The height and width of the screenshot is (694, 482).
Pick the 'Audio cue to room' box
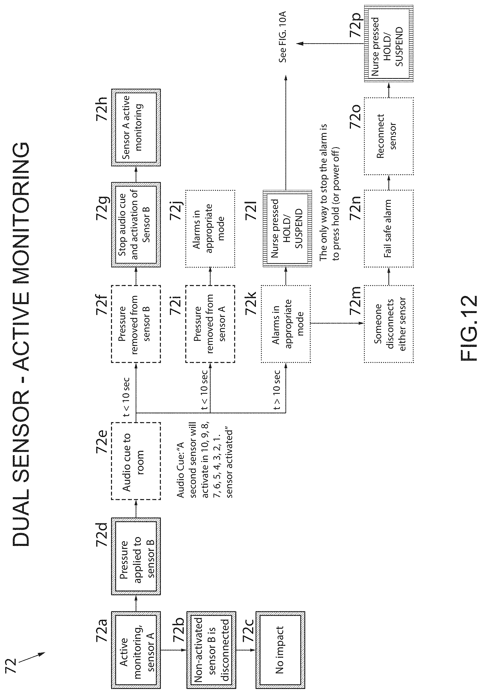136,461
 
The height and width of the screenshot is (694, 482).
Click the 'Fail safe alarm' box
389,228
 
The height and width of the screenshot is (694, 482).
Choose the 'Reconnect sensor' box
389,136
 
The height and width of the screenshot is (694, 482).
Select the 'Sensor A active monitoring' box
136,127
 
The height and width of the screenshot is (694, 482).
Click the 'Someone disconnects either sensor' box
389,324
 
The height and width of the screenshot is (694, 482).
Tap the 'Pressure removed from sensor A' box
210,324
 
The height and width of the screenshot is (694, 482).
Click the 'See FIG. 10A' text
283,37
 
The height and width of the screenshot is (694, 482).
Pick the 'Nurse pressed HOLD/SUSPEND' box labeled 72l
287,228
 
